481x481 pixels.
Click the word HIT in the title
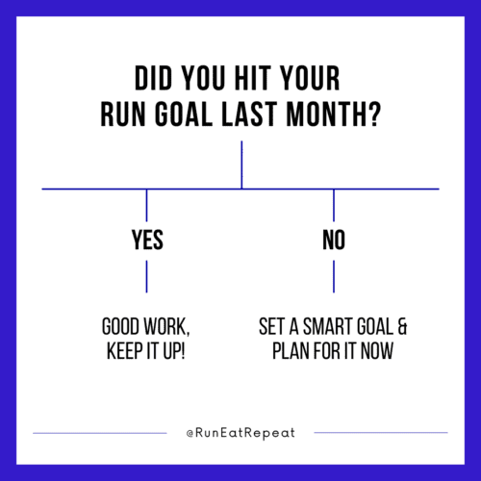coord(252,78)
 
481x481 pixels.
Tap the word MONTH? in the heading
coord(333,114)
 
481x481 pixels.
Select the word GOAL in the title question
coord(184,114)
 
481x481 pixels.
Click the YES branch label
coord(147,240)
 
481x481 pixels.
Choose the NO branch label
coord(334,240)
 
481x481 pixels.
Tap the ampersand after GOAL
coord(402,326)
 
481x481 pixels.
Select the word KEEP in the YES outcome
coord(125,351)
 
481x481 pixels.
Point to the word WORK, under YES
coord(166,327)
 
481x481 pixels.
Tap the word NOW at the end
coord(377,351)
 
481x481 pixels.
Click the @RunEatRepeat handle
coord(240,433)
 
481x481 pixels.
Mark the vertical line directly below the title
coord(241,165)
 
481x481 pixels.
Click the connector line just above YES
coord(146,205)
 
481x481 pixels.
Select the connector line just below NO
coord(334,276)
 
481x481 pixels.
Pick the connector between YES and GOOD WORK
coord(146,276)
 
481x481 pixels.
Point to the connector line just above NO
coord(334,205)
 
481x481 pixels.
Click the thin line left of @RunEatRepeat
coord(100,433)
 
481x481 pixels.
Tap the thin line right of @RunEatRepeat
coord(381,433)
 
